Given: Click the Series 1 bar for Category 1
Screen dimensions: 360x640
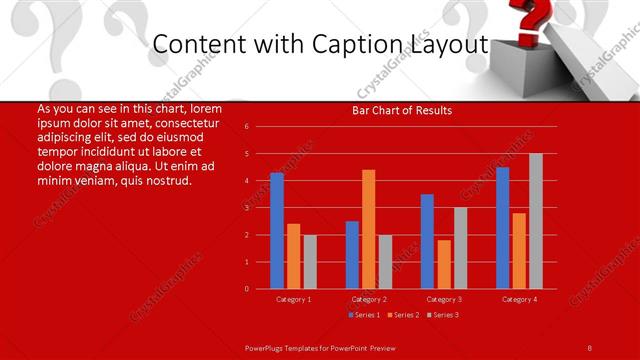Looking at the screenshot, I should [x=277, y=231].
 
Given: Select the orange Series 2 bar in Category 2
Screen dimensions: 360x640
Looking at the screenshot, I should [x=369, y=229].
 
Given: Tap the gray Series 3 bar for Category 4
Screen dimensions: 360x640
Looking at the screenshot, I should [x=536, y=221].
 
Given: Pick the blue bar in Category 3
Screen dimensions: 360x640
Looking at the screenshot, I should [x=427, y=241].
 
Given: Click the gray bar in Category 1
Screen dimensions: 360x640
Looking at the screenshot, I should [x=310, y=262].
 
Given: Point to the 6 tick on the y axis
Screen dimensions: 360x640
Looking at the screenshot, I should [x=246, y=127].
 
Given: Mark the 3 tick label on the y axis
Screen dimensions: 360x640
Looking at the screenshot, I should [x=246, y=208].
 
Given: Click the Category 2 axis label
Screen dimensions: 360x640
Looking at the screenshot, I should [x=369, y=299].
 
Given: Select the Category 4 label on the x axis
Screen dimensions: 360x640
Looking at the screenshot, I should [x=519, y=299].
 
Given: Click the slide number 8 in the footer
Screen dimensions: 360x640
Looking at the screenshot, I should [x=590, y=346].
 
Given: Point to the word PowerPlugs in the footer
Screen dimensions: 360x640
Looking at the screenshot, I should [x=268, y=346].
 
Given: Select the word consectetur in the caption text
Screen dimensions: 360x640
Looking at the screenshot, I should [x=186, y=122].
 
